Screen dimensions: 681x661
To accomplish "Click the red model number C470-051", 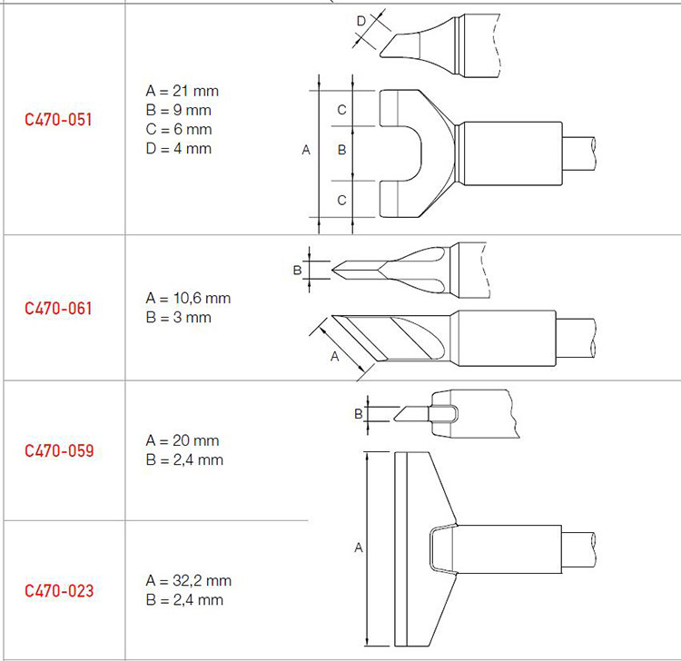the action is (x=58, y=120).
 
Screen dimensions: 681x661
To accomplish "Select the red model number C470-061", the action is (x=58, y=309).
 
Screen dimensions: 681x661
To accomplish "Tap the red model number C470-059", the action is (x=59, y=450).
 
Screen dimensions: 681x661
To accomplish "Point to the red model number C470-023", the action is (x=59, y=591).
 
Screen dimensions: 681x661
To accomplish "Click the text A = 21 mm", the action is (x=182, y=91).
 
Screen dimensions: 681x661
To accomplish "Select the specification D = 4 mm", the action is (x=179, y=149).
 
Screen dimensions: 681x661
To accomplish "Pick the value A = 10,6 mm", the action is (x=188, y=299).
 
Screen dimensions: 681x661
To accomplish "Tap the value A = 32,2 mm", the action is (x=189, y=581).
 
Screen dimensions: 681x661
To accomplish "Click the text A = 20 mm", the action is (x=183, y=440).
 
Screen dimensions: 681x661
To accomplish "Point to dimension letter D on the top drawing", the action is (x=360, y=21).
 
